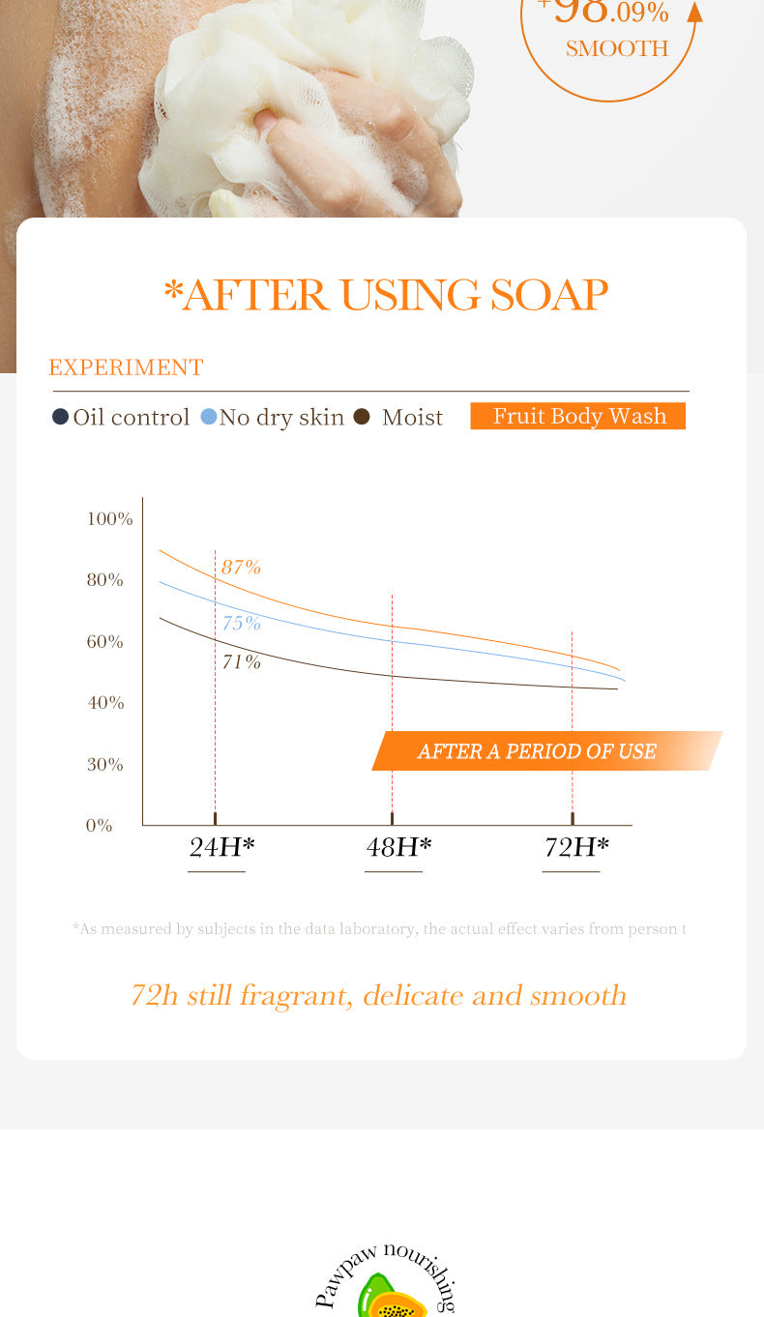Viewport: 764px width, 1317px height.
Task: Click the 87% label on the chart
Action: point(241,568)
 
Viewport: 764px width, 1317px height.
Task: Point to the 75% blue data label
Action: point(241,623)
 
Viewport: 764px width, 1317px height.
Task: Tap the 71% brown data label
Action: point(241,661)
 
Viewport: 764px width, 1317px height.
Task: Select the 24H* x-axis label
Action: point(221,847)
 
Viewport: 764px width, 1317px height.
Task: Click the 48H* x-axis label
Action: point(398,847)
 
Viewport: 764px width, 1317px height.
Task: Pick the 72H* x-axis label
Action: point(576,847)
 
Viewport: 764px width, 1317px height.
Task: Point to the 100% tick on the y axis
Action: point(109,519)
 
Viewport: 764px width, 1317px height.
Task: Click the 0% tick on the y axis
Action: point(100,826)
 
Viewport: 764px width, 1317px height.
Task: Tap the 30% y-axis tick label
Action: point(105,765)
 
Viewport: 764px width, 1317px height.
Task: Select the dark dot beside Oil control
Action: point(60,417)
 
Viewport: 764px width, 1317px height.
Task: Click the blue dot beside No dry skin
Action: point(208,417)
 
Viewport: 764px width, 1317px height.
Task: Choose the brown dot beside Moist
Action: point(362,417)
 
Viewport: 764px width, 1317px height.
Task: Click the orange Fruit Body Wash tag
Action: point(578,416)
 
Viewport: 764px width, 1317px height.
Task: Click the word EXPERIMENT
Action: point(126,367)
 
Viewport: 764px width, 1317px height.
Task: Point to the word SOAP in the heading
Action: point(548,295)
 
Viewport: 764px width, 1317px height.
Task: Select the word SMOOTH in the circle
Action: point(617,48)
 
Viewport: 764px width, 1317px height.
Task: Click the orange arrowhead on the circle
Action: point(693,12)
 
